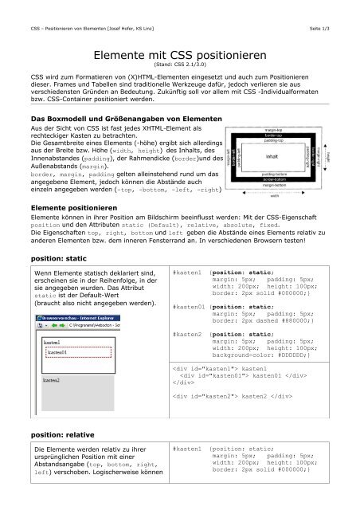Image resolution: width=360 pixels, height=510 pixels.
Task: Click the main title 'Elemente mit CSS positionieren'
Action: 179,57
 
